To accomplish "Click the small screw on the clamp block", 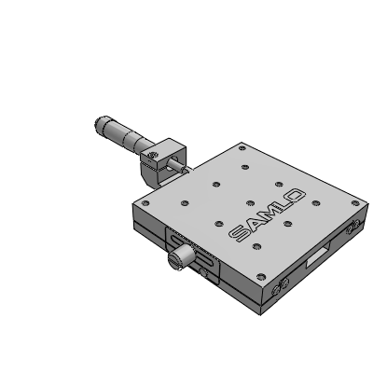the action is pyautogui.click(x=152, y=155).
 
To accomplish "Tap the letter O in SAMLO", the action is pyautogui.click(x=295, y=196).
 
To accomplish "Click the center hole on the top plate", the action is pyautogui.click(x=251, y=203).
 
